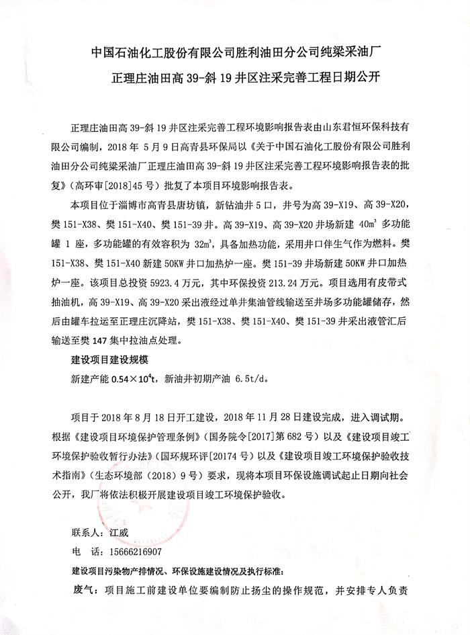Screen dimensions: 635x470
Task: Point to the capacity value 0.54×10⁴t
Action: coord(133,379)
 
